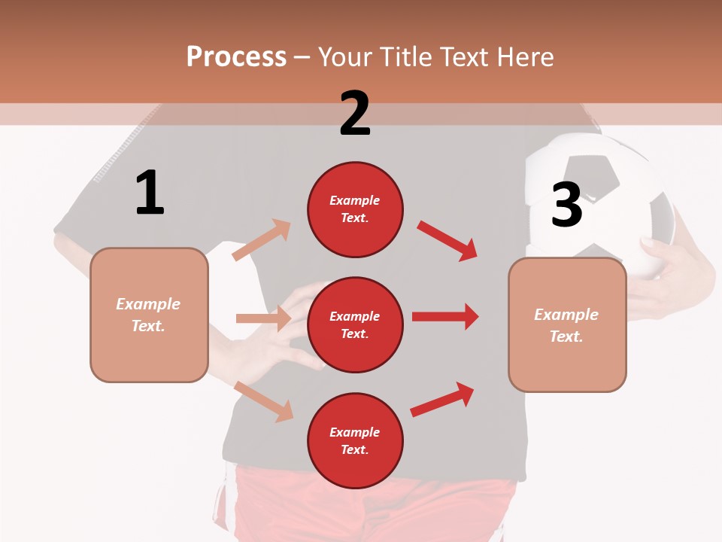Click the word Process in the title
236,57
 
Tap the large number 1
150,193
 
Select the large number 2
355,114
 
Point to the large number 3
567,206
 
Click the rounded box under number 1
149,315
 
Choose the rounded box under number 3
567,325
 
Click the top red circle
355,209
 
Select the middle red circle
355,324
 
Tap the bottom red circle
355,440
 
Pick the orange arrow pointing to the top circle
262,240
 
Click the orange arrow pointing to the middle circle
264,318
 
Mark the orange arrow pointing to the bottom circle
263,401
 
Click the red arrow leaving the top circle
447,240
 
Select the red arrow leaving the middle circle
445,316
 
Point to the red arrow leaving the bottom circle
442,399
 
